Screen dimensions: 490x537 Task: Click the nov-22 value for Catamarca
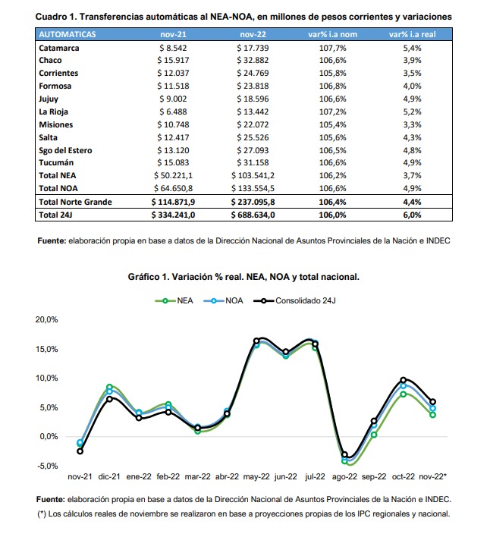click(x=253, y=48)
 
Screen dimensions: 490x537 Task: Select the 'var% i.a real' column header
click(x=413, y=34)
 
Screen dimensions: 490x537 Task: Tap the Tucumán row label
click(x=56, y=162)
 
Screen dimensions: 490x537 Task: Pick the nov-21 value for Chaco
click(x=173, y=60)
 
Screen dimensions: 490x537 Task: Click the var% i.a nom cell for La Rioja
click(x=332, y=111)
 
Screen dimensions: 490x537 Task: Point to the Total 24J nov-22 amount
click(x=253, y=215)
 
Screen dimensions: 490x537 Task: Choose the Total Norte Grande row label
click(x=75, y=202)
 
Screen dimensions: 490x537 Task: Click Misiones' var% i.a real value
click(x=413, y=124)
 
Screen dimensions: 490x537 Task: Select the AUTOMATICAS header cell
click(x=67, y=34)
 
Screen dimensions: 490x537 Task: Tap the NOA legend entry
click(x=223, y=300)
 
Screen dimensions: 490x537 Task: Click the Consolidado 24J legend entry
click(x=294, y=300)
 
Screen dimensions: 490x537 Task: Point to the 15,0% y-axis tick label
click(x=46, y=349)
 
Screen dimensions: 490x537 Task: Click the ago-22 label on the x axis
click(x=344, y=476)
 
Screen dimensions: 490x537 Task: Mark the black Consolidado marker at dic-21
click(x=109, y=399)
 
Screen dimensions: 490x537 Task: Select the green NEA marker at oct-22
click(x=404, y=394)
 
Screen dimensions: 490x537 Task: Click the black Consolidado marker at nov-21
click(x=80, y=451)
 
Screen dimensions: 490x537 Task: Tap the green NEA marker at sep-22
click(x=374, y=435)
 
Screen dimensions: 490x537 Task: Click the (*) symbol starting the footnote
click(x=42, y=513)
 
